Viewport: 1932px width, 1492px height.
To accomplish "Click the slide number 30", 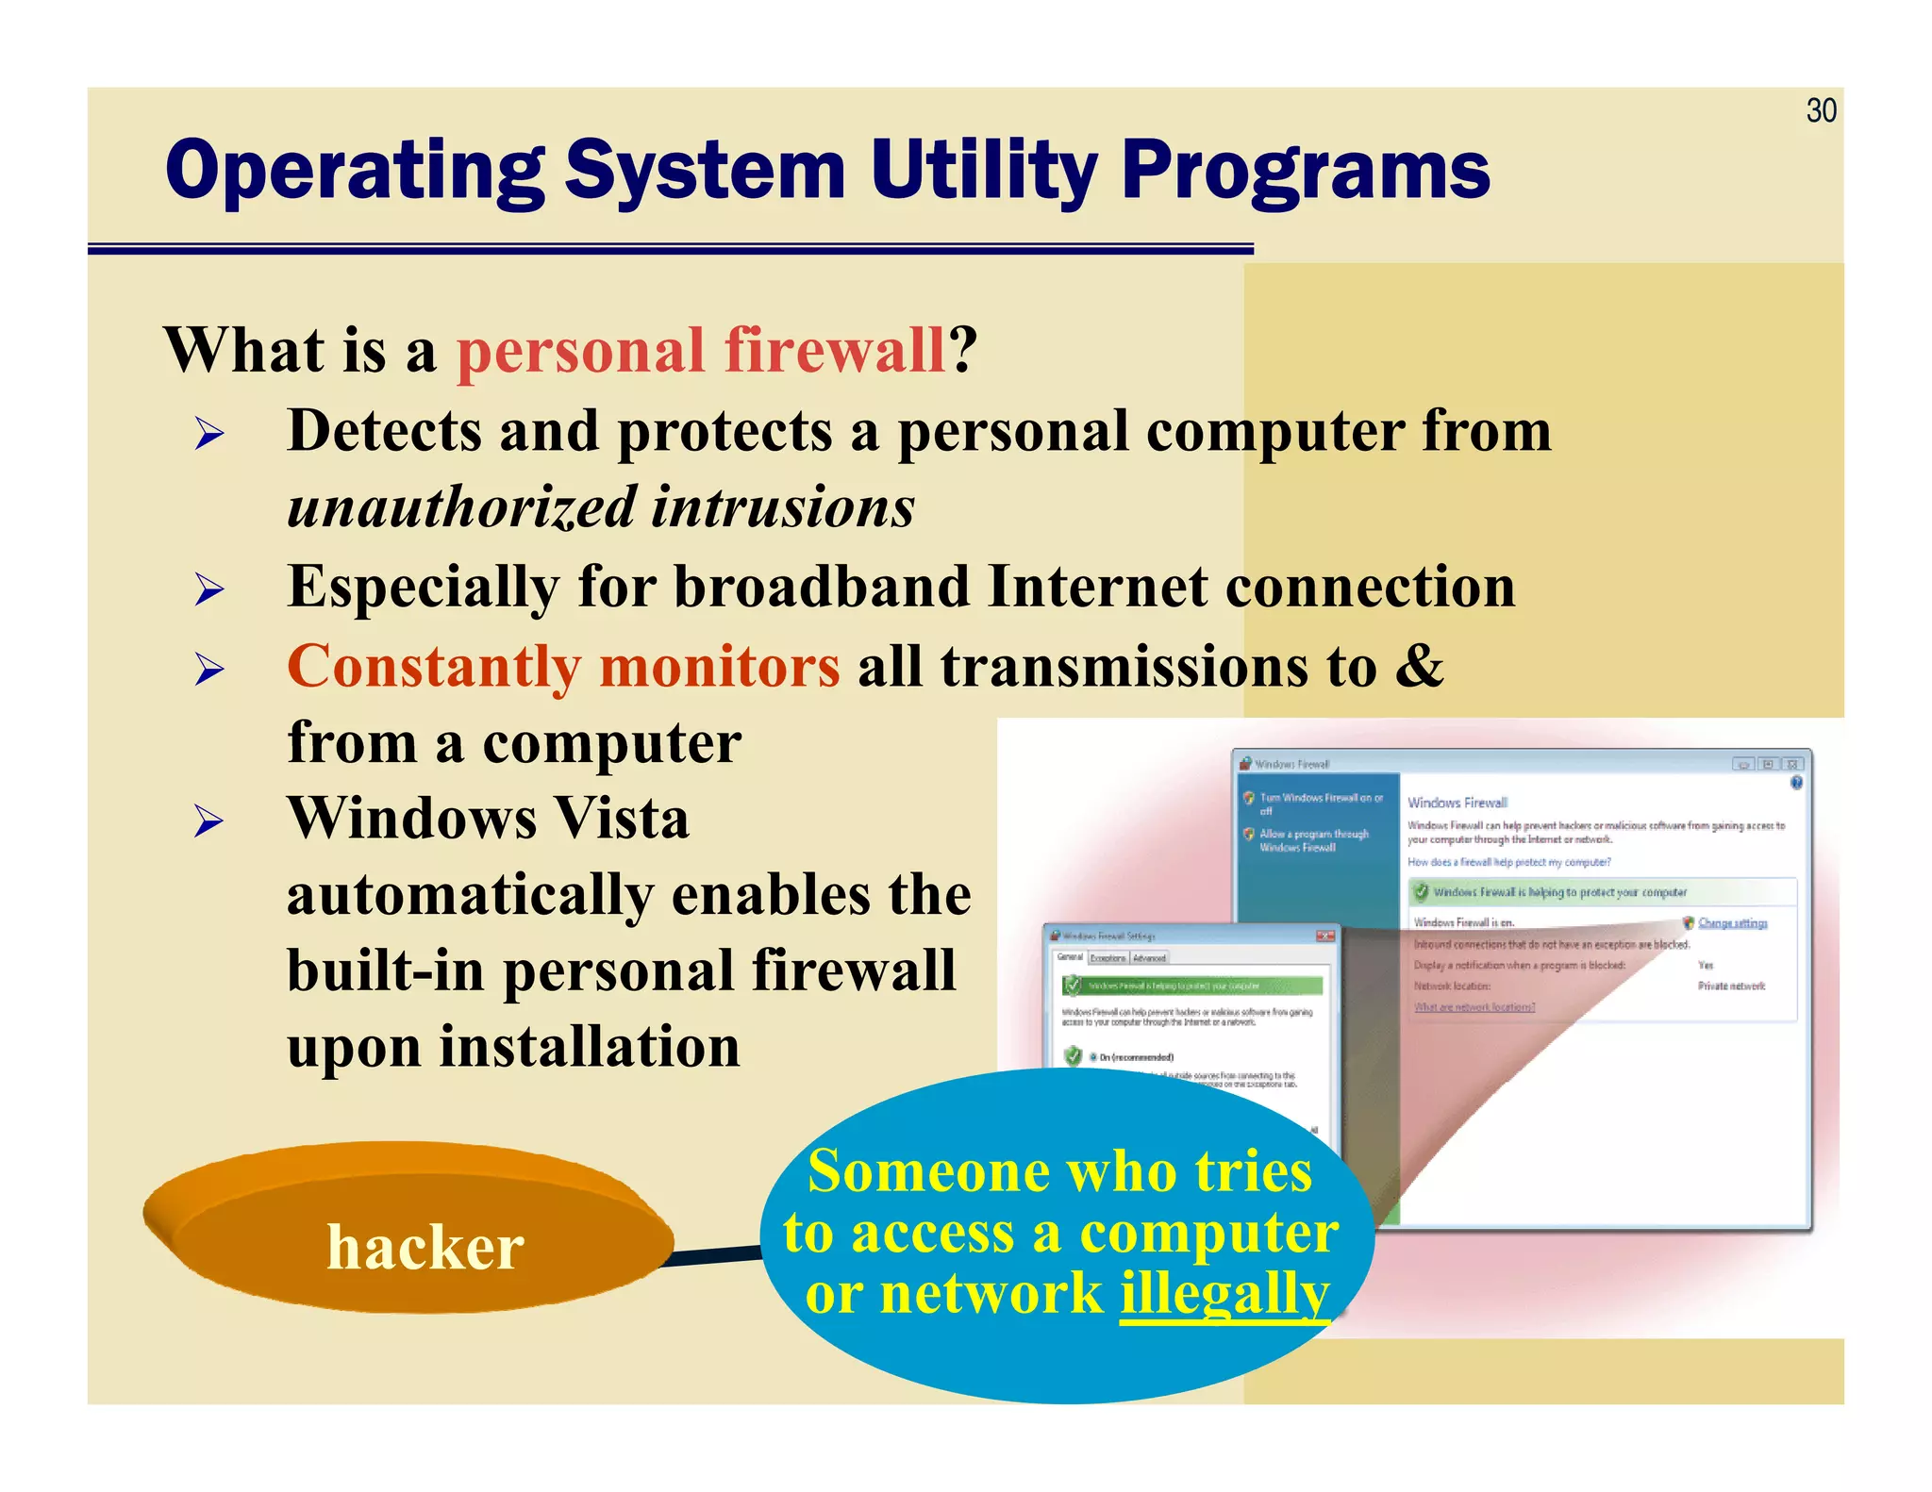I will pyautogui.click(x=1821, y=111).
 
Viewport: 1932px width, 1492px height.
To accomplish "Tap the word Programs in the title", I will pyautogui.click(x=1306, y=171).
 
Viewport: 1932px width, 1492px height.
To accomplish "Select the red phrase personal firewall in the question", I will pyautogui.click(x=701, y=351).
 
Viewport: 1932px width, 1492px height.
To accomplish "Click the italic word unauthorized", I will pyautogui.click(x=461, y=507).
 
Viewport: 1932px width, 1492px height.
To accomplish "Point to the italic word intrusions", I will pyautogui.click(x=783, y=507).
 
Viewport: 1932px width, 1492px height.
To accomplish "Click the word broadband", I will pyautogui.click(x=822, y=587).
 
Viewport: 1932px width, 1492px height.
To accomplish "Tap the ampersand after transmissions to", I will pyautogui.click(x=1420, y=665).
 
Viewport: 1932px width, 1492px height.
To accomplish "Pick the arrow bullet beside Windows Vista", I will pyautogui.click(x=209, y=821).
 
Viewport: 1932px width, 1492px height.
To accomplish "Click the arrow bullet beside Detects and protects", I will pyautogui.click(x=209, y=435).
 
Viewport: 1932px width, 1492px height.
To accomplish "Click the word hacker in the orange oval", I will pyautogui.click(x=425, y=1248).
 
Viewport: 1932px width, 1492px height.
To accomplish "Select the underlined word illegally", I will pyautogui.click(x=1224, y=1293).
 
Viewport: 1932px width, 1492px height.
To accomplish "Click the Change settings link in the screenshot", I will pyautogui.click(x=1732, y=922).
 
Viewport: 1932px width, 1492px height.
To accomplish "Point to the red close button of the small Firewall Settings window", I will pyautogui.click(x=1324, y=936).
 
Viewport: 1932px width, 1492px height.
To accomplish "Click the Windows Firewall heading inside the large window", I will pyautogui.click(x=1457, y=803).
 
